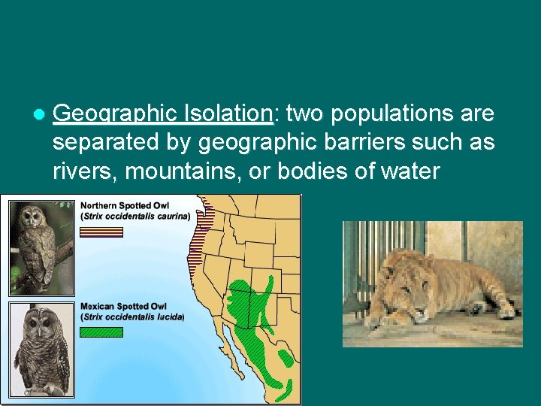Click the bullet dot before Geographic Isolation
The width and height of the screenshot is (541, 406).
[38, 114]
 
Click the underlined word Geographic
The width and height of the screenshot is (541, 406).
[114, 114]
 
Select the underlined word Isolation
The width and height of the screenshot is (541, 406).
[227, 114]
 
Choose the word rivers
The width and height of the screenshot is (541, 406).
[84, 171]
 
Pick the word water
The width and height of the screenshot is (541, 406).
[410, 171]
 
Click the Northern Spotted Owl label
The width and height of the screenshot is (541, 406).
[125, 205]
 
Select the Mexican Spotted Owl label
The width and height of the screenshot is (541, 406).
[124, 307]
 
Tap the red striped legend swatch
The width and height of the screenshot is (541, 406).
[101, 232]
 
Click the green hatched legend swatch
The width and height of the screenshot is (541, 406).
[101, 332]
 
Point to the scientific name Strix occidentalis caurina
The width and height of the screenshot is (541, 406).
[138, 216]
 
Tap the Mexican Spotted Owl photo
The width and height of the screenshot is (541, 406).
[38, 350]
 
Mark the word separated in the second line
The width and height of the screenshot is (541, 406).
[106, 142]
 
